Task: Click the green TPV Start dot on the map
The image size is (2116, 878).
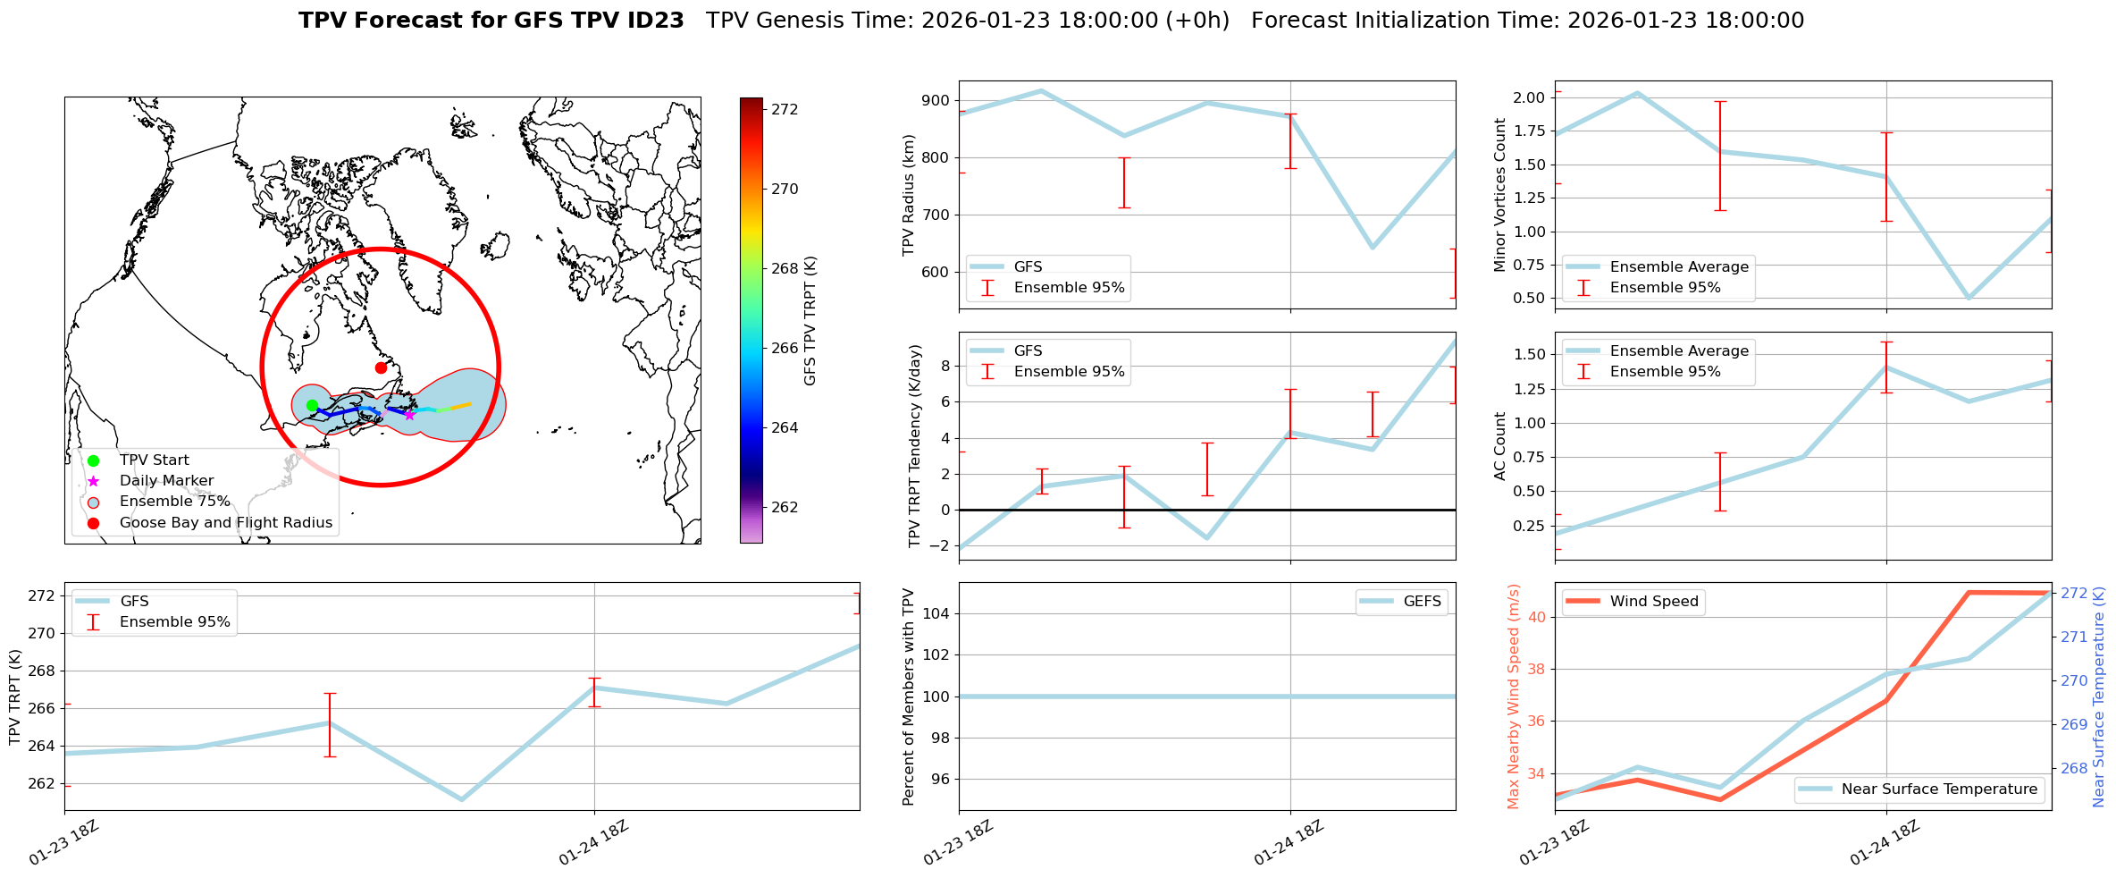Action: pos(312,405)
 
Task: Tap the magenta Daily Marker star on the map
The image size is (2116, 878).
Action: pos(409,415)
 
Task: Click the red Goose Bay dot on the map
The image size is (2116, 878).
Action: pos(381,367)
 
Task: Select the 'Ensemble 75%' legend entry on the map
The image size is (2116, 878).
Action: pos(174,502)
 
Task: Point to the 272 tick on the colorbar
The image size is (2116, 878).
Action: pos(785,109)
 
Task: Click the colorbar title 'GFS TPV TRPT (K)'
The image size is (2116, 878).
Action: pos(810,320)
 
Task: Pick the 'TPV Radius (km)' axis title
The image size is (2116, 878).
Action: pos(909,195)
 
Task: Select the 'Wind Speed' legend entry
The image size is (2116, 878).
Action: pos(1653,602)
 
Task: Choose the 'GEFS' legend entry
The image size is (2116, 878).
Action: pos(1422,602)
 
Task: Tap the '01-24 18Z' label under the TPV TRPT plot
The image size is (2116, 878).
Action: pos(594,842)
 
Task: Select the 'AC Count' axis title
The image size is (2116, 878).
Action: pos(1500,445)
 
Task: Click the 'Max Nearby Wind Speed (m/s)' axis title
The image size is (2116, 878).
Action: pos(1513,696)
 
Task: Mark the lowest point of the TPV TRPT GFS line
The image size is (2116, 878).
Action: pos(461,799)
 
